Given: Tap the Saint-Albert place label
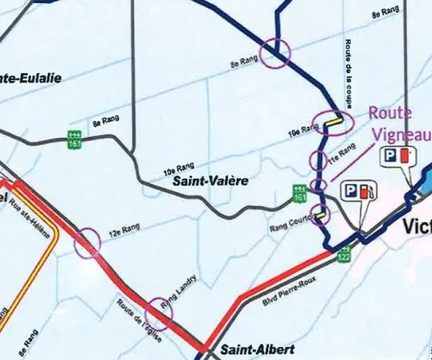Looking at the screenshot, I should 249,349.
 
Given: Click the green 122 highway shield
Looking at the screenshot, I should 345,254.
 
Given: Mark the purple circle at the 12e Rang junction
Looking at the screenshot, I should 88,242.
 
